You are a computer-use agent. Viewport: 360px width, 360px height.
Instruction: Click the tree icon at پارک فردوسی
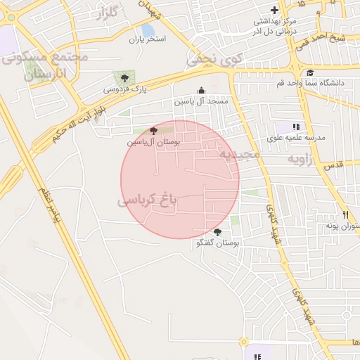click(124, 78)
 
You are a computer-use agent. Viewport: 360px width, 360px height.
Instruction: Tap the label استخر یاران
click(146, 39)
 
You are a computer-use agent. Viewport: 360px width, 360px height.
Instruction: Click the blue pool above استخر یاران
click(148, 30)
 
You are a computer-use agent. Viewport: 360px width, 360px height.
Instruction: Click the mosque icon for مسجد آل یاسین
click(202, 90)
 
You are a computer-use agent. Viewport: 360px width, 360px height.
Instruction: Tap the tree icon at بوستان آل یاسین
click(154, 131)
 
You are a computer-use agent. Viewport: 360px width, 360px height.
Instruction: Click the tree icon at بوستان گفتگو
click(217, 232)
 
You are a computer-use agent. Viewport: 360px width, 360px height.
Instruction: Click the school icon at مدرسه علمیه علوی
click(296, 127)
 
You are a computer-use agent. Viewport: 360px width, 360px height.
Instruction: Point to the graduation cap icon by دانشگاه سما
click(309, 72)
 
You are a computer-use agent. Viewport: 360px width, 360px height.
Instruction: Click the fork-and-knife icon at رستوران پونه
click(345, 214)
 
